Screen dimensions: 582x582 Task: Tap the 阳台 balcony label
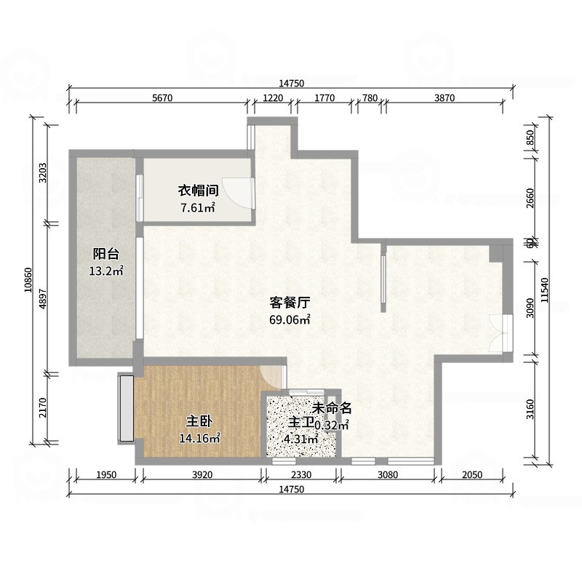pos(106,254)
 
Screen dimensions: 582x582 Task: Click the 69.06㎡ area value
pos(290,319)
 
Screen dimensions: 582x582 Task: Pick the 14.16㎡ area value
pos(199,438)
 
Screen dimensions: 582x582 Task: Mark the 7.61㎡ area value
pos(198,208)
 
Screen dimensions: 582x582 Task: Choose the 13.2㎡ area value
pos(106,271)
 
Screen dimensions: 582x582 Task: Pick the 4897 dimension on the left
pos(44,296)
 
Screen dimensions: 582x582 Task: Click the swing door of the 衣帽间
pos(236,191)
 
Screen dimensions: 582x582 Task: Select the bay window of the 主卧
pos(126,407)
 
